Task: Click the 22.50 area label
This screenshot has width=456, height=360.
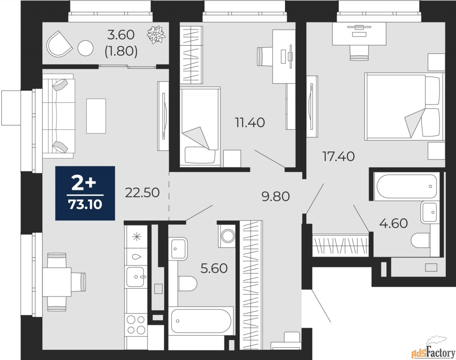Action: tap(142, 193)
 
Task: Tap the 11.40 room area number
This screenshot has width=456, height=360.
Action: tap(250, 123)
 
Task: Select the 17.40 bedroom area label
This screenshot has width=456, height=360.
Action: tap(338, 157)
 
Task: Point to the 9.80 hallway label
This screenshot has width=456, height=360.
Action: tap(275, 196)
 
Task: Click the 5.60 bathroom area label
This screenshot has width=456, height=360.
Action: tap(214, 268)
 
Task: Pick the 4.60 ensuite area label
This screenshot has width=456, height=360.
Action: tap(394, 223)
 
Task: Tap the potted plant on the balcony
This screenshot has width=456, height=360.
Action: tap(156, 35)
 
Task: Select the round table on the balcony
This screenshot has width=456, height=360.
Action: tap(85, 48)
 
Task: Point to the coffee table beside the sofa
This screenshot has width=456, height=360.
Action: tap(96, 116)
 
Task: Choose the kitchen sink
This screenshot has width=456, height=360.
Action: tap(136, 277)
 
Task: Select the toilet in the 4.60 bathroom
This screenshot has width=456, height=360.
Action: tap(421, 240)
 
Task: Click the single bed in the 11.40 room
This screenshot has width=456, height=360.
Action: tap(200, 127)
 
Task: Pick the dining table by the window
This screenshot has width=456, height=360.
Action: tap(57, 282)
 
